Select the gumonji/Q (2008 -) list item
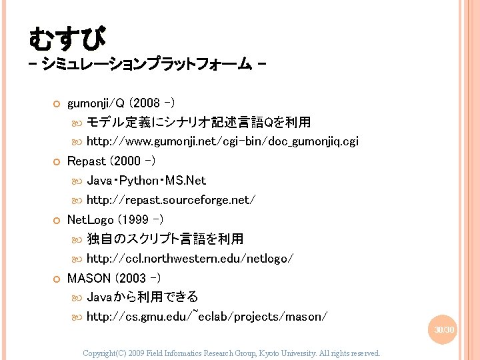click(121, 103)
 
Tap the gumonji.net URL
click(223, 141)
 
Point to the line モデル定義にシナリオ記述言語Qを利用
click(199, 123)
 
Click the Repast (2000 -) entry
click(112, 161)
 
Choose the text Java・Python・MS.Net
click(147, 180)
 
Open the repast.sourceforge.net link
click(171, 199)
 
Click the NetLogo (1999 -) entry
click(116, 219)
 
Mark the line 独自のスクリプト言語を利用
click(165, 238)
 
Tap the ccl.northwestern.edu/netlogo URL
click(190, 258)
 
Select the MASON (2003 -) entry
click(114, 277)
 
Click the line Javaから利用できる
click(143, 297)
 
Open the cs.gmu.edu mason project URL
click(207, 316)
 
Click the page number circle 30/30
click(445, 330)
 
